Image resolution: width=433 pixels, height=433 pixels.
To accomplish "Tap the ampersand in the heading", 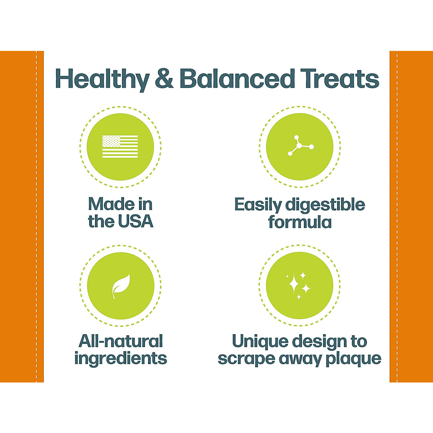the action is (x=165, y=79).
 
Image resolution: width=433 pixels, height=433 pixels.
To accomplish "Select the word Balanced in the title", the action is (x=237, y=79).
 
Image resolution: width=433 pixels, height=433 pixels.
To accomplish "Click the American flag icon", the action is (x=120, y=146).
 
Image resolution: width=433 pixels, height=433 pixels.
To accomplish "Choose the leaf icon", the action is (x=121, y=286).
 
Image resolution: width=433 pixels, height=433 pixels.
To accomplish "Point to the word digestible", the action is (x=325, y=205).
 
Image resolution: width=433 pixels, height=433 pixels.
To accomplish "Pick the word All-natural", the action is (x=121, y=341).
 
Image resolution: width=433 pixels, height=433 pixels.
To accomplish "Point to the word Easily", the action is (x=258, y=205).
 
